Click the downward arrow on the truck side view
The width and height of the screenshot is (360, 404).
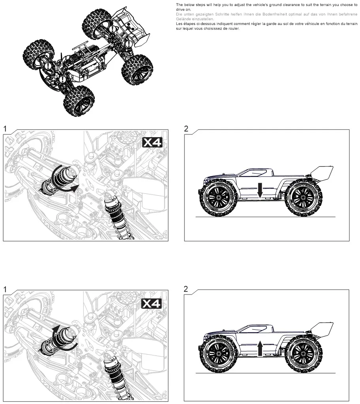(260, 190)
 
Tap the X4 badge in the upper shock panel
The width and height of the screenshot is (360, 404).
(152, 143)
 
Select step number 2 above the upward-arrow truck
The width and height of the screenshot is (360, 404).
(187, 289)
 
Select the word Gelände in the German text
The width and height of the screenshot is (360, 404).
(183, 19)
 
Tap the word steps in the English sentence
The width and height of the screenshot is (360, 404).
(196, 5)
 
